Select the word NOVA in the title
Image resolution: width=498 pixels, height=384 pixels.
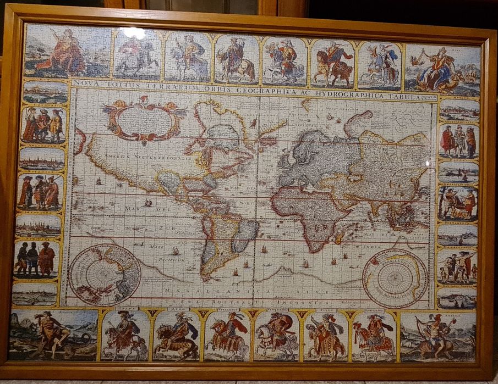84,84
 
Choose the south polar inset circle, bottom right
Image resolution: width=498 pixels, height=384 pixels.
395,279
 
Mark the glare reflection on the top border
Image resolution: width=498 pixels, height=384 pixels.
134,32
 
